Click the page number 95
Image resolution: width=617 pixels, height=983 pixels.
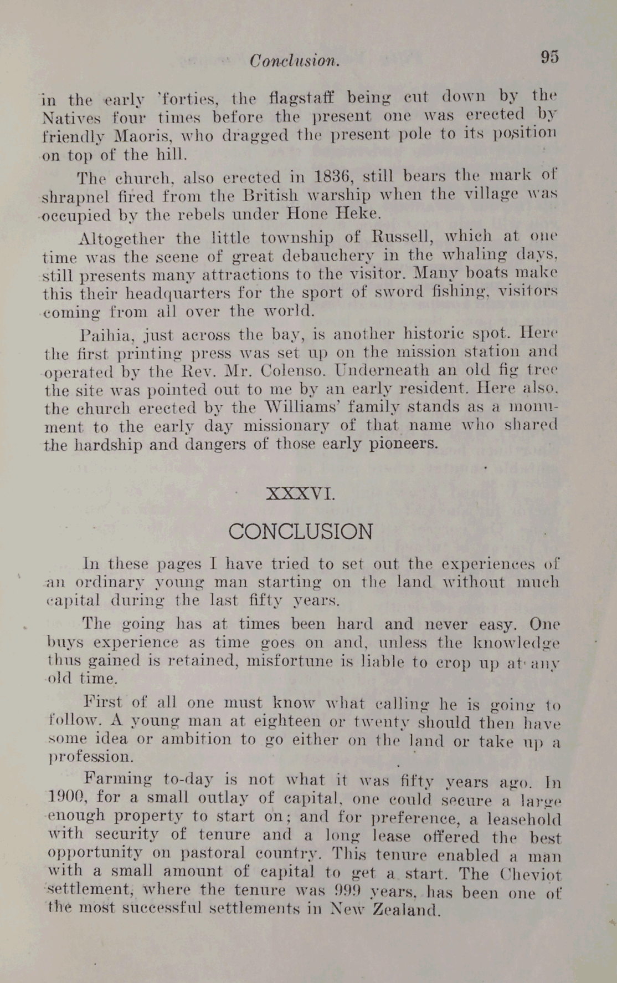pos(549,57)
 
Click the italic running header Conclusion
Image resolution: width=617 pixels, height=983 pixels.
pos(295,60)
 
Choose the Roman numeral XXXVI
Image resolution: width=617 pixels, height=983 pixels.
pos(301,493)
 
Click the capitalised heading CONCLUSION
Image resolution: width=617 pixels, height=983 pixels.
pos(301,532)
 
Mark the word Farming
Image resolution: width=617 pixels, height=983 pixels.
pos(117,778)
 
